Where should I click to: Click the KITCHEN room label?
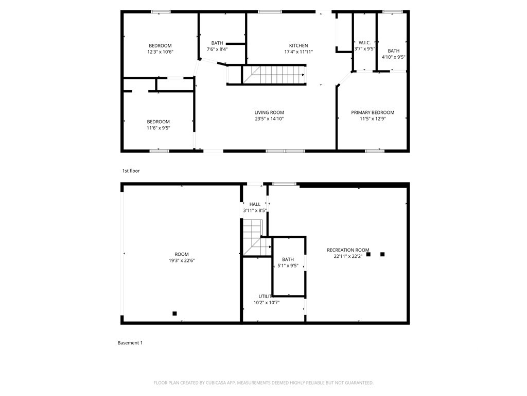coord(298,45)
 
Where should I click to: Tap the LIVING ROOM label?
coord(269,112)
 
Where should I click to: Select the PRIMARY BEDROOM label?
coord(373,112)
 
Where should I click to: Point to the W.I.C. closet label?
coord(365,43)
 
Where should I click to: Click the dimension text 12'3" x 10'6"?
coord(161,52)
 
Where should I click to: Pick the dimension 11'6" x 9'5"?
coord(159,128)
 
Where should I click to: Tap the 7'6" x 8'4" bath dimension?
coord(217,49)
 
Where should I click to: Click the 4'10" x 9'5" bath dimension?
coord(394,57)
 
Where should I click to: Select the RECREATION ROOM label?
coord(348,250)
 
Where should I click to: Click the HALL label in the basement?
coord(255,204)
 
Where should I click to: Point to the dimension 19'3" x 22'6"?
coord(182,260)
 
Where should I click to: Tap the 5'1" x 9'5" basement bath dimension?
coord(288,266)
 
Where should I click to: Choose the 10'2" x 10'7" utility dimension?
coord(267,302)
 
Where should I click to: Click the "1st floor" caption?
coord(131,171)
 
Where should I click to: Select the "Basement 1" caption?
coord(130,343)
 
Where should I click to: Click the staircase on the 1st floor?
coord(274,75)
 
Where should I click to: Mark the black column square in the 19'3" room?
coord(174,313)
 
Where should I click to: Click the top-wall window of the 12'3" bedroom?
coord(161,12)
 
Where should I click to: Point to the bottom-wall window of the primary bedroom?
coord(375,151)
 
